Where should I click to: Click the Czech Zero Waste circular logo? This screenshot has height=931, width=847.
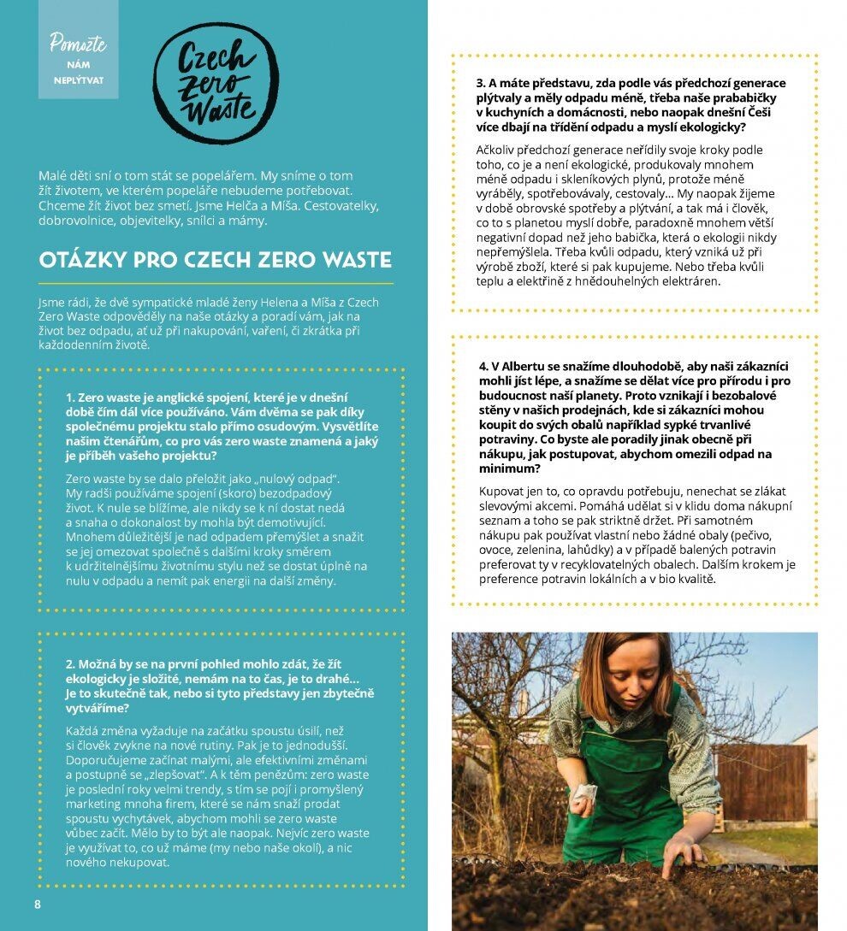coord(216,83)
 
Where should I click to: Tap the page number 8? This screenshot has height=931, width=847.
coord(37,904)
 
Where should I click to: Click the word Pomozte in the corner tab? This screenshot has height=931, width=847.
coord(78,44)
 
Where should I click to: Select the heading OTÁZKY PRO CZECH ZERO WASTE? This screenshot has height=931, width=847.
coord(216,260)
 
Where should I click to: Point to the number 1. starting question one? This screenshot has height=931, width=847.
coord(71,398)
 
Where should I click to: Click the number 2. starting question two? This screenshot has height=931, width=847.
coord(71,663)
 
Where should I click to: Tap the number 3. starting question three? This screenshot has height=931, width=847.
coord(481,84)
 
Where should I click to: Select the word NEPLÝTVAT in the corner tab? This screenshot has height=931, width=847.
coord(78,83)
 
